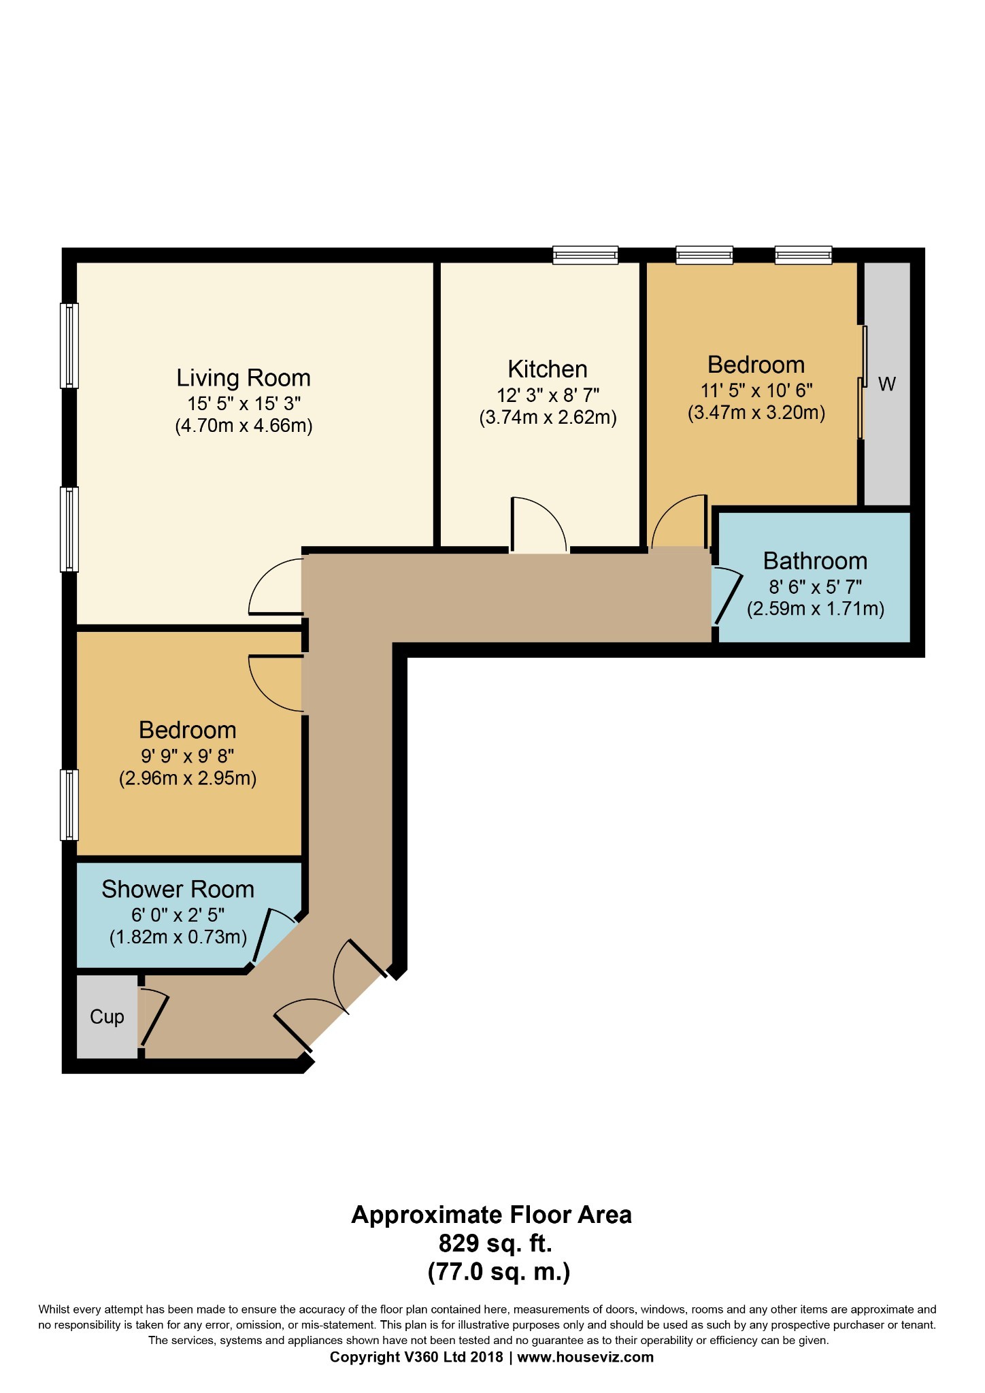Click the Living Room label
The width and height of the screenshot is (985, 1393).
click(x=244, y=377)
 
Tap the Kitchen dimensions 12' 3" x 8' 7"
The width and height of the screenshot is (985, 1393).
click(x=548, y=395)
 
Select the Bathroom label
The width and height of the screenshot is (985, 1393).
click(x=815, y=561)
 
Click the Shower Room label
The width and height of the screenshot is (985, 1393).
click(x=178, y=889)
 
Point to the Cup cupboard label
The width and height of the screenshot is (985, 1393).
click(x=107, y=1017)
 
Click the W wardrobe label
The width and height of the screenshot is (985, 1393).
click(x=886, y=384)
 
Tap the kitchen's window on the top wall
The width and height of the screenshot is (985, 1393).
click(x=585, y=255)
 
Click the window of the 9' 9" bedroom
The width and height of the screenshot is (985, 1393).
click(x=69, y=805)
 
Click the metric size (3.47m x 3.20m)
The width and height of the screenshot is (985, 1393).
click(x=756, y=413)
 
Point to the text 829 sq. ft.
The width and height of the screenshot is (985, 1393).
click(x=495, y=1243)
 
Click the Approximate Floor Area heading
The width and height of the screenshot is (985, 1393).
click(x=491, y=1215)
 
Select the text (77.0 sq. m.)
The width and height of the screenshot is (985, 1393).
click(x=498, y=1271)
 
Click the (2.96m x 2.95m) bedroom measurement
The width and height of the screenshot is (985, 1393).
click(x=188, y=778)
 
